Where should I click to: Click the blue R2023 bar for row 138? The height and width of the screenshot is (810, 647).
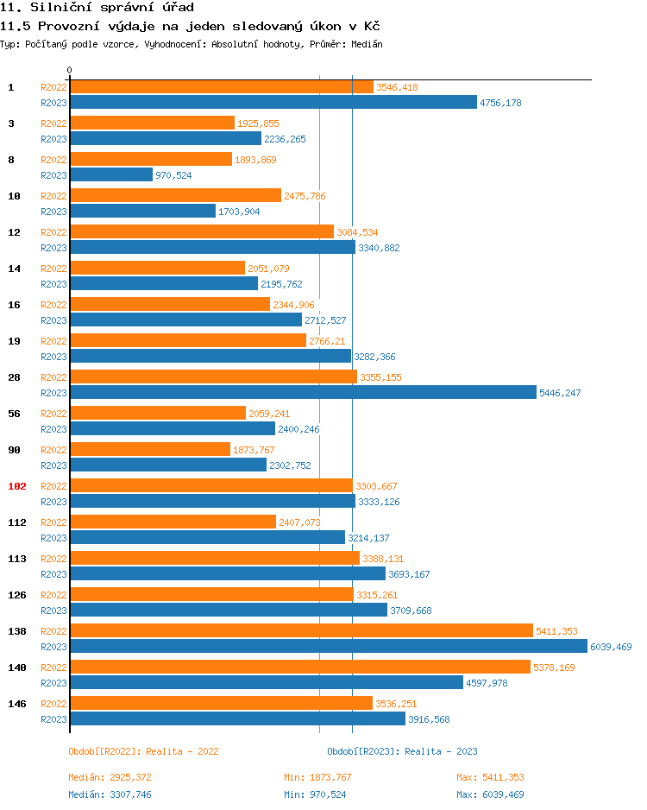click(328, 646)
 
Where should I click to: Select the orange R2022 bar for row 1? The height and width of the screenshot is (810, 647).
click(221, 87)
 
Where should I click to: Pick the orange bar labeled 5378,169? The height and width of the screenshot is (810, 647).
click(299, 668)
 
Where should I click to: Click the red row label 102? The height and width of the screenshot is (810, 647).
click(16, 486)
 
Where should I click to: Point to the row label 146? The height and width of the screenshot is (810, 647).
click(16, 704)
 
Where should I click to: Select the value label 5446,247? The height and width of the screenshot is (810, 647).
click(560, 393)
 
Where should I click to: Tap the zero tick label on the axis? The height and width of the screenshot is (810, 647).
click(70, 70)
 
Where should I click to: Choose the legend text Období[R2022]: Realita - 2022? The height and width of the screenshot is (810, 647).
click(143, 751)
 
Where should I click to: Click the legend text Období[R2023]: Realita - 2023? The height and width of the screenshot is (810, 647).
click(402, 751)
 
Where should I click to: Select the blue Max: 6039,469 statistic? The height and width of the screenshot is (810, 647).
click(490, 794)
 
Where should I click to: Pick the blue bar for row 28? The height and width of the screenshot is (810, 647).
click(303, 392)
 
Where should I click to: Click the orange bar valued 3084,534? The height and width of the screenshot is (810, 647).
click(201, 232)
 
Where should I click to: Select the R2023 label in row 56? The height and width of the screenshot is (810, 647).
click(53, 429)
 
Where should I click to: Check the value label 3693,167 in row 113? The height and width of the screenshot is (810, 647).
click(409, 574)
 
